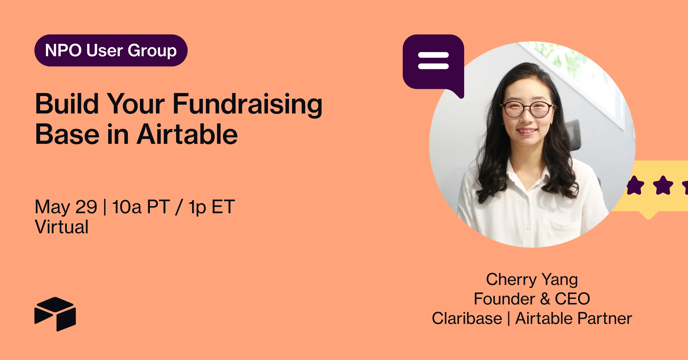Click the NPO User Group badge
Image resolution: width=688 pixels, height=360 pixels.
pyautogui.click(x=111, y=50)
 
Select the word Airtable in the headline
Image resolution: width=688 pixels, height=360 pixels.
pyautogui.click(x=187, y=134)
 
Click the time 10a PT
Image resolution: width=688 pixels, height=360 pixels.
pyautogui.click(x=141, y=207)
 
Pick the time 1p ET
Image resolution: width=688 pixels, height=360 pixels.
pyautogui.click(x=212, y=207)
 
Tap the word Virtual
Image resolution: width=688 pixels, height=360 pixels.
pyautogui.click(x=62, y=227)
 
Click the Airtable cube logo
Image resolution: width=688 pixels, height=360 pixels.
pyautogui.click(x=55, y=314)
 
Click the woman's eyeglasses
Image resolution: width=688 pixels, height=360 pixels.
pyautogui.click(x=527, y=109)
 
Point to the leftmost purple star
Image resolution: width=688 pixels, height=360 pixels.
pyautogui.click(x=636, y=185)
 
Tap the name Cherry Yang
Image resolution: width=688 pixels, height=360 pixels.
pyautogui.click(x=532, y=280)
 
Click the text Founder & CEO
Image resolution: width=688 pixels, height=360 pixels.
pyautogui.click(x=532, y=299)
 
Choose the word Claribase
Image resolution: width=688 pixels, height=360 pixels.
pyautogui.click(x=467, y=318)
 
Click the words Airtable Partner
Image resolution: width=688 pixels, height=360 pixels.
pyautogui.click(x=574, y=318)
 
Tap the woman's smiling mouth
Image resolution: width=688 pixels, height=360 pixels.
pyautogui.click(x=526, y=132)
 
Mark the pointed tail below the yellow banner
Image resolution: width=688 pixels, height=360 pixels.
pyautogui.click(x=648, y=216)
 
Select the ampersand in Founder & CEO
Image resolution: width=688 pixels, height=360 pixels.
pyautogui.click(x=545, y=299)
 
